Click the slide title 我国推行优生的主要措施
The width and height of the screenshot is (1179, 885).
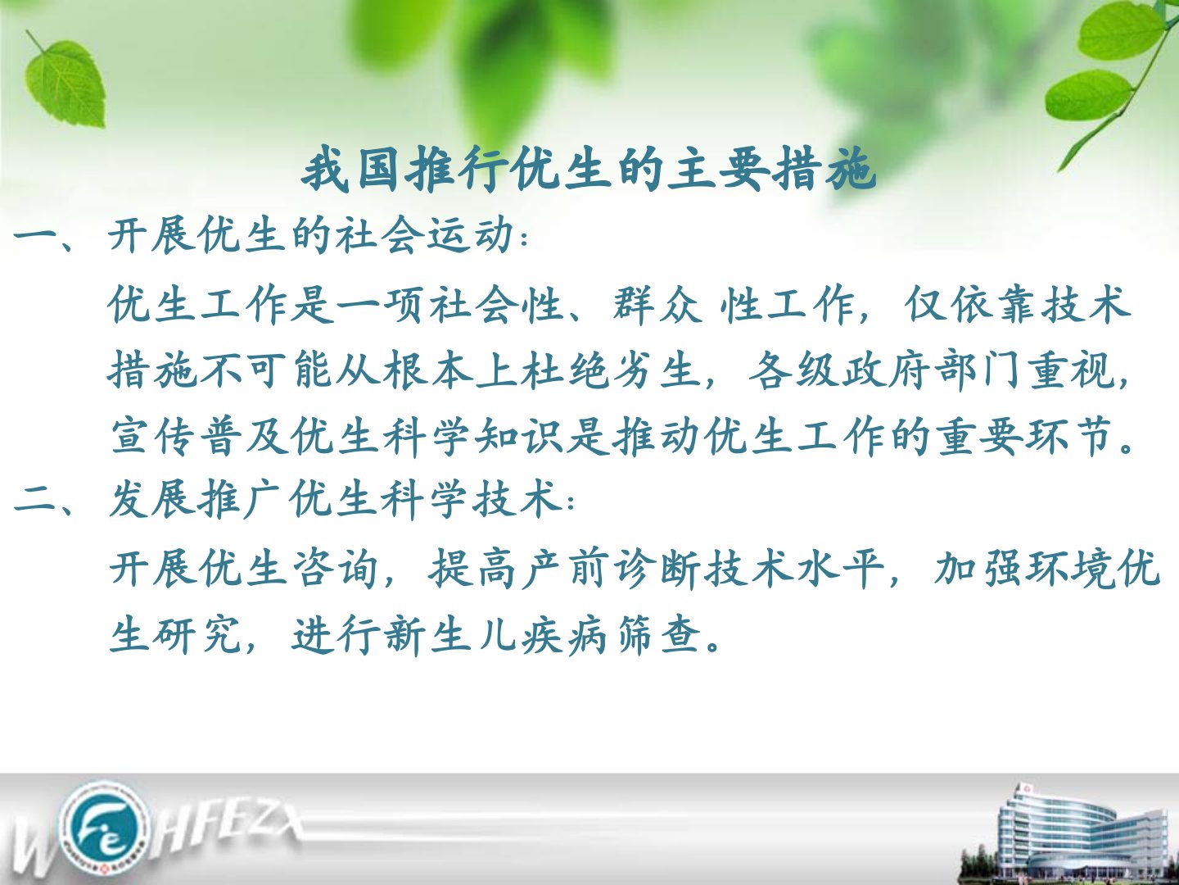pos(588,171)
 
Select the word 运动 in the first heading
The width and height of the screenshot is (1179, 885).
pos(469,236)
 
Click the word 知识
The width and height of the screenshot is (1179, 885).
pos(518,436)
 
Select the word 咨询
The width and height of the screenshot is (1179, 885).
pos(334,568)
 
